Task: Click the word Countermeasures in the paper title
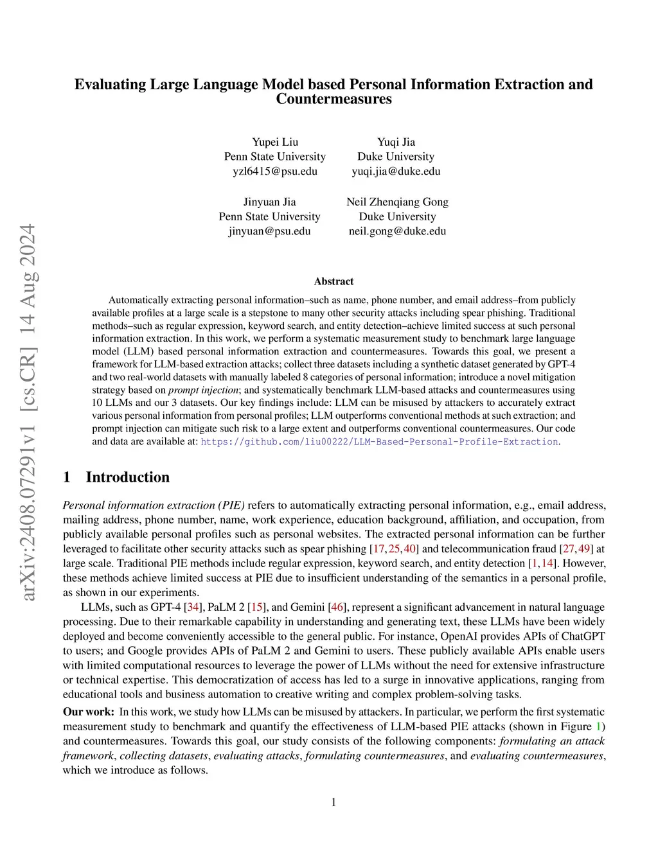(333, 99)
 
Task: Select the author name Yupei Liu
(275, 142)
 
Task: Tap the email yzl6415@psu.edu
(275, 171)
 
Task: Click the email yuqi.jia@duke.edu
(396, 171)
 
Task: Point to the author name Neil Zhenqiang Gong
(397, 202)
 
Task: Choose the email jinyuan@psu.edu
(269, 231)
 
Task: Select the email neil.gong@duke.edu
(397, 231)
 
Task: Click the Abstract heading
(333, 281)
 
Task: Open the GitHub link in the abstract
(379, 442)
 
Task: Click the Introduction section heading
(127, 477)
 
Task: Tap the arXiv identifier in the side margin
(28, 411)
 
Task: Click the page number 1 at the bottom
(333, 802)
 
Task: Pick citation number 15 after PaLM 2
(257, 607)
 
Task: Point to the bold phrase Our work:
(89, 712)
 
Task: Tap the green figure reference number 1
(599, 726)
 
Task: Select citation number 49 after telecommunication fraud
(584, 548)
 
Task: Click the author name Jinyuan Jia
(269, 202)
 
